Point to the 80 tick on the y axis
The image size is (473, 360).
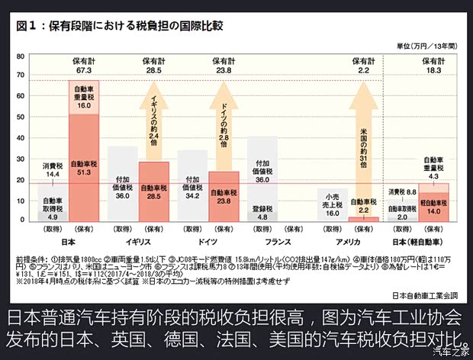[x=21, y=58]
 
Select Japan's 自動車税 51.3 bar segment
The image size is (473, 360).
[x=83, y=168]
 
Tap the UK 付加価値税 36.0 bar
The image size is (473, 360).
[x=122, y=184]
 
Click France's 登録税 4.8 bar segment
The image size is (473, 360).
[x=262, y=215]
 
